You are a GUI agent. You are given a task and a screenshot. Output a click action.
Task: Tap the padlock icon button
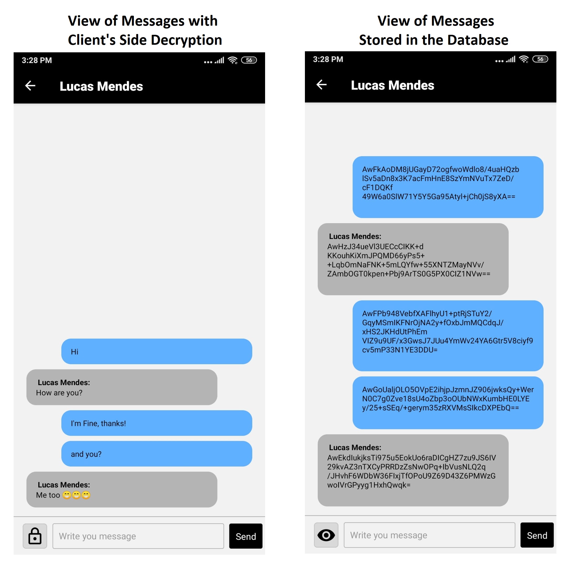35,536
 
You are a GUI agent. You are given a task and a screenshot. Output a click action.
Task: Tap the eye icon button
326,535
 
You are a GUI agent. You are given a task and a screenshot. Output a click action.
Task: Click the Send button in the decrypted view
245,536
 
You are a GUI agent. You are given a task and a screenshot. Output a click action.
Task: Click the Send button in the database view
537,535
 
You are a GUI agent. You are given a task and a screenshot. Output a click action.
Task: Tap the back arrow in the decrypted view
30,86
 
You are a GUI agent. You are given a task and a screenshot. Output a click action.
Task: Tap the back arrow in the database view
322,85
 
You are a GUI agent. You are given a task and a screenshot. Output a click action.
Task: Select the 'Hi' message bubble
156,351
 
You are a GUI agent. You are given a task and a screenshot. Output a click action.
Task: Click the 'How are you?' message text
59,392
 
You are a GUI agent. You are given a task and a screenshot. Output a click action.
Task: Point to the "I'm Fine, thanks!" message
98,423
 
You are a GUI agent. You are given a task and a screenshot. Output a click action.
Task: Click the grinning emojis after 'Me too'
76,495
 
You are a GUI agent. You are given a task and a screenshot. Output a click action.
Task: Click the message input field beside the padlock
138,536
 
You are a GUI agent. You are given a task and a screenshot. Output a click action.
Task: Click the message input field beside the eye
429,535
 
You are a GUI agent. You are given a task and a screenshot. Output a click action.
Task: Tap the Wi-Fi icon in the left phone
233,60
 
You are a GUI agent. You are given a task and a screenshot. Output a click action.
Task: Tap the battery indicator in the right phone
540,59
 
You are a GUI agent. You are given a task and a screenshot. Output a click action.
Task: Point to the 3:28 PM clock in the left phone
37,60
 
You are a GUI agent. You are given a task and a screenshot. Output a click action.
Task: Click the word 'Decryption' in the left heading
187,40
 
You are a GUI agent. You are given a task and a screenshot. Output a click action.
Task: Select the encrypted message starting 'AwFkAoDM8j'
448,187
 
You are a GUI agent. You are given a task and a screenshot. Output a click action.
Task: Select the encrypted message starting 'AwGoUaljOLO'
448,402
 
